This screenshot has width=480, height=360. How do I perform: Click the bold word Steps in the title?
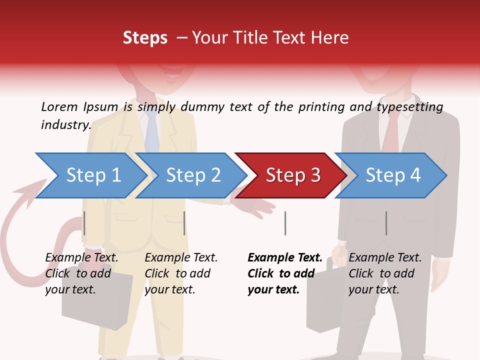pos(145,38)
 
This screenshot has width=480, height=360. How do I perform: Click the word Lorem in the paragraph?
pos(59,106)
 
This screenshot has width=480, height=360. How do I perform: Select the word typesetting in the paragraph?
pos(409,107)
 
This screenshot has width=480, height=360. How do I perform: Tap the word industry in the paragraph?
pos(65,125)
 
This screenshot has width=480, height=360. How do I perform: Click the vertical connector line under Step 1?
pos(84,223)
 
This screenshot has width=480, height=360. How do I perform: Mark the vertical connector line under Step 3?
pos(285,223)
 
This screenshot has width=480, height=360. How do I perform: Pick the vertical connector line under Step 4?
pos(386,223)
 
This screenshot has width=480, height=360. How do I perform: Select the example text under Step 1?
pos(81,273)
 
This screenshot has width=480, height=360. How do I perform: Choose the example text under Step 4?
pos(385,273)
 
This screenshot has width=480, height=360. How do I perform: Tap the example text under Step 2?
pos(181,273)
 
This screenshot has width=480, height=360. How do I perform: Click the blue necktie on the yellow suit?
pos(152,132)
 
